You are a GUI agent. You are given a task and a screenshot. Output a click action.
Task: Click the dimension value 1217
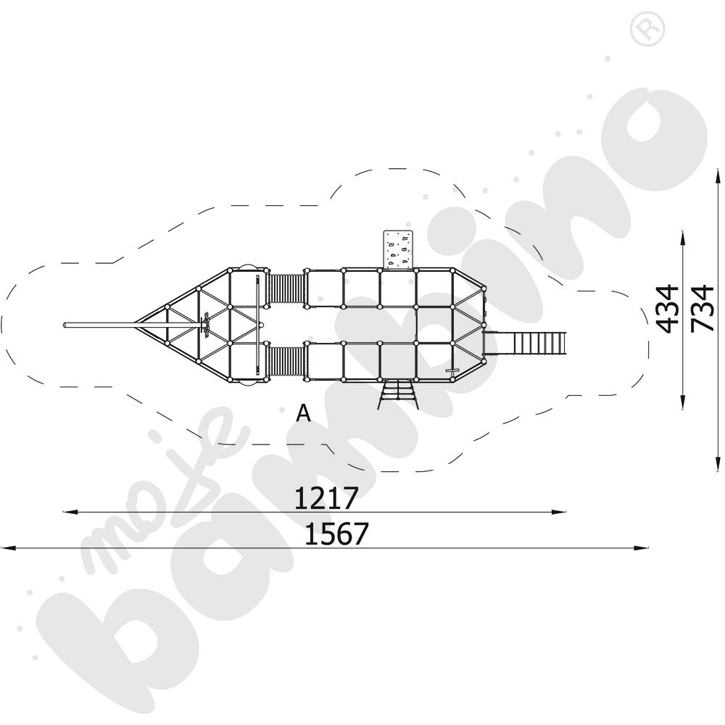(326, 497)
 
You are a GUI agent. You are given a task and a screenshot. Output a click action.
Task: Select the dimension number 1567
(336, 534)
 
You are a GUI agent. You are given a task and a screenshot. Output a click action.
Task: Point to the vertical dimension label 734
(703, 309)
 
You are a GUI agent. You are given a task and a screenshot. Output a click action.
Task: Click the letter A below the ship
(303, 413)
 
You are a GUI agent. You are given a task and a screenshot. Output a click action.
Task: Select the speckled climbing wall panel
(397, 249)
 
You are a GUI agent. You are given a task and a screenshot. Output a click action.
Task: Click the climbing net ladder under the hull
(399, 394)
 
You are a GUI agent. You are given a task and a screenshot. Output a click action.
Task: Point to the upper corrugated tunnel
(286, 289)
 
